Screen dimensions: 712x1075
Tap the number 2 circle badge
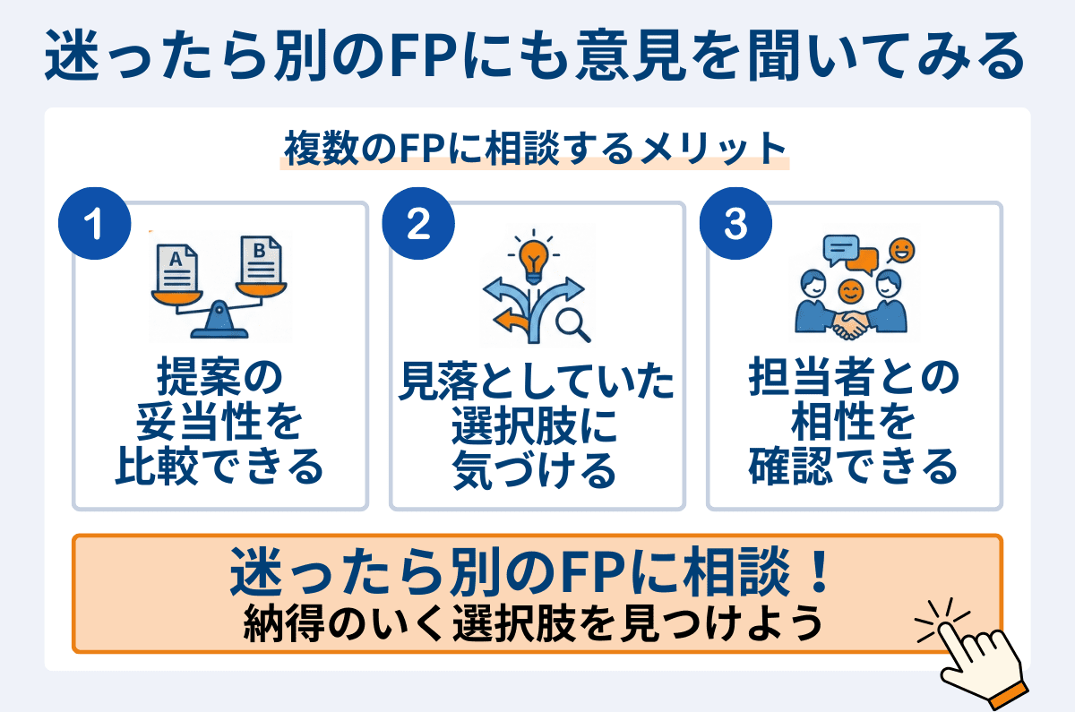[x=417, y=225]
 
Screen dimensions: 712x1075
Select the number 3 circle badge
[x=735, y=225]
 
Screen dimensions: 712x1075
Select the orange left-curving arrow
[x=510, y=320]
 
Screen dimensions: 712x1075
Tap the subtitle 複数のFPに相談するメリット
[x=535, y=146]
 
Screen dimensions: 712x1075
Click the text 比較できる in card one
[x=219, y=466]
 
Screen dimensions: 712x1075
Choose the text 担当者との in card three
[x=854, y=380]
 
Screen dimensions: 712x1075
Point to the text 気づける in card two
[x=535, y=469]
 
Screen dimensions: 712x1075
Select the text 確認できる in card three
[x=854, y=466]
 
